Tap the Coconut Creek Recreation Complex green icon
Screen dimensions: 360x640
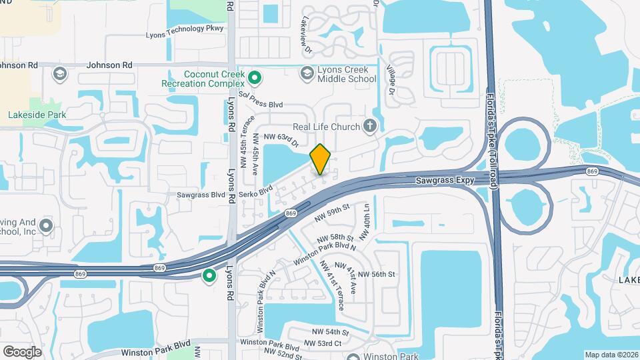(254, 79)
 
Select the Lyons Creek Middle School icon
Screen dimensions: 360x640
(307, 72)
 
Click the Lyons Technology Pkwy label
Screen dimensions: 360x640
(185, 37)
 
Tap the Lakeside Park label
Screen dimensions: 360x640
(37, 115)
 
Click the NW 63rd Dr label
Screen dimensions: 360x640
(281, 137)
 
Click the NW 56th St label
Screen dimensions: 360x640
(377, 274)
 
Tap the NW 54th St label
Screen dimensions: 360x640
(330, 332)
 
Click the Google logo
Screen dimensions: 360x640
(22, 351)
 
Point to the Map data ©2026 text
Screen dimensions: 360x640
(611, 354)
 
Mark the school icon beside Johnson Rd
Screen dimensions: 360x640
(59, 73)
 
